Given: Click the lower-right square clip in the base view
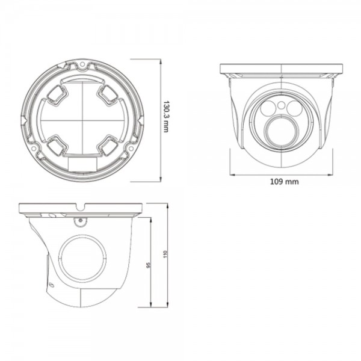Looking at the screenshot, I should pos(109,145).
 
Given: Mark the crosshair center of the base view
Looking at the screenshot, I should pos(82,120).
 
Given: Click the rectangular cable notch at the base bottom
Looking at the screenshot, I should pos(82,162).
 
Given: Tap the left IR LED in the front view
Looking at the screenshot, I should pos(268,109).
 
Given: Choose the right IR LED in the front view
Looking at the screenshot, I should pos(295,109).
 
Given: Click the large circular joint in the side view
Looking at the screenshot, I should pos(83,258).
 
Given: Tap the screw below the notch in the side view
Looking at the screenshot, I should pos(78,220).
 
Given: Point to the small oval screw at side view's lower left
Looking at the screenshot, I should pos(51,285).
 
